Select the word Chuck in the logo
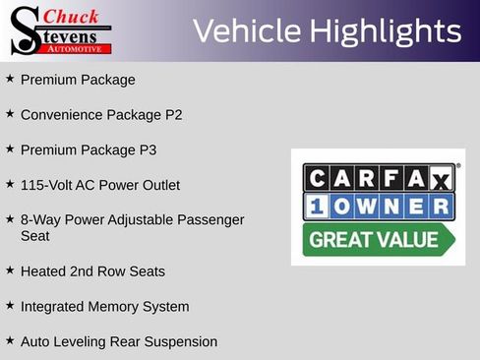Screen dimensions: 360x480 click(72, 17)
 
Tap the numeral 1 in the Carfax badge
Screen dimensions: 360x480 click(317, 208)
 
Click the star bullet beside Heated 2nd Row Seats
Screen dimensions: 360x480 click(10, 270)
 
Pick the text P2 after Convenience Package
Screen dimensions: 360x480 click(173, 114)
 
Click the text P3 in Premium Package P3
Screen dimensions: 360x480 click(147, 150)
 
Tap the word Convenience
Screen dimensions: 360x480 click(60, 114)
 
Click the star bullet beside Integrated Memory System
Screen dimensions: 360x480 click(10, 305)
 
